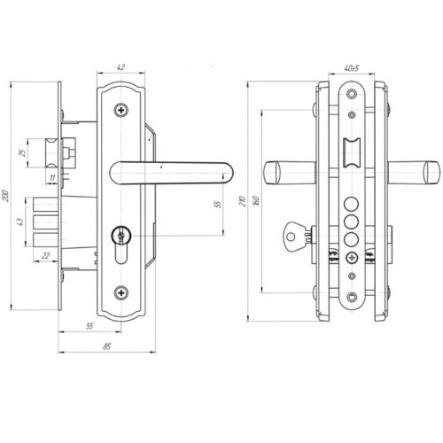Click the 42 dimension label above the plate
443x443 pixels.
[120, 67]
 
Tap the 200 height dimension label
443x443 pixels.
[6, 196]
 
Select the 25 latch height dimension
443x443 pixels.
[22, 153]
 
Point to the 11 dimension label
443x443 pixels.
[52, 178]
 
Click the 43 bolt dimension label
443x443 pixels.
[19, 221]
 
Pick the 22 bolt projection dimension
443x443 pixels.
[45, 255]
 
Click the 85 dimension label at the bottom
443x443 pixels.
[106, 346]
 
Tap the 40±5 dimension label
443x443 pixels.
[351, 68]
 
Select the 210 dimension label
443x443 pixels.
[243, 200]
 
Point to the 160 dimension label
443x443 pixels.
[256, 200]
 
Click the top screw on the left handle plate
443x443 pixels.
[121, 110]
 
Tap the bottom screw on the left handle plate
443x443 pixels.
[121, 292]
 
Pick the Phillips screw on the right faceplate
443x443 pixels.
[352, 258]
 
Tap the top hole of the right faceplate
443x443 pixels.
[352, 94]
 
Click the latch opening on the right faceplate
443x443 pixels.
[352, 153]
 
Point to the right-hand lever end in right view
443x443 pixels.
[431, 173]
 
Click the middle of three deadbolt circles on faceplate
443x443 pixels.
[352, 221]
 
